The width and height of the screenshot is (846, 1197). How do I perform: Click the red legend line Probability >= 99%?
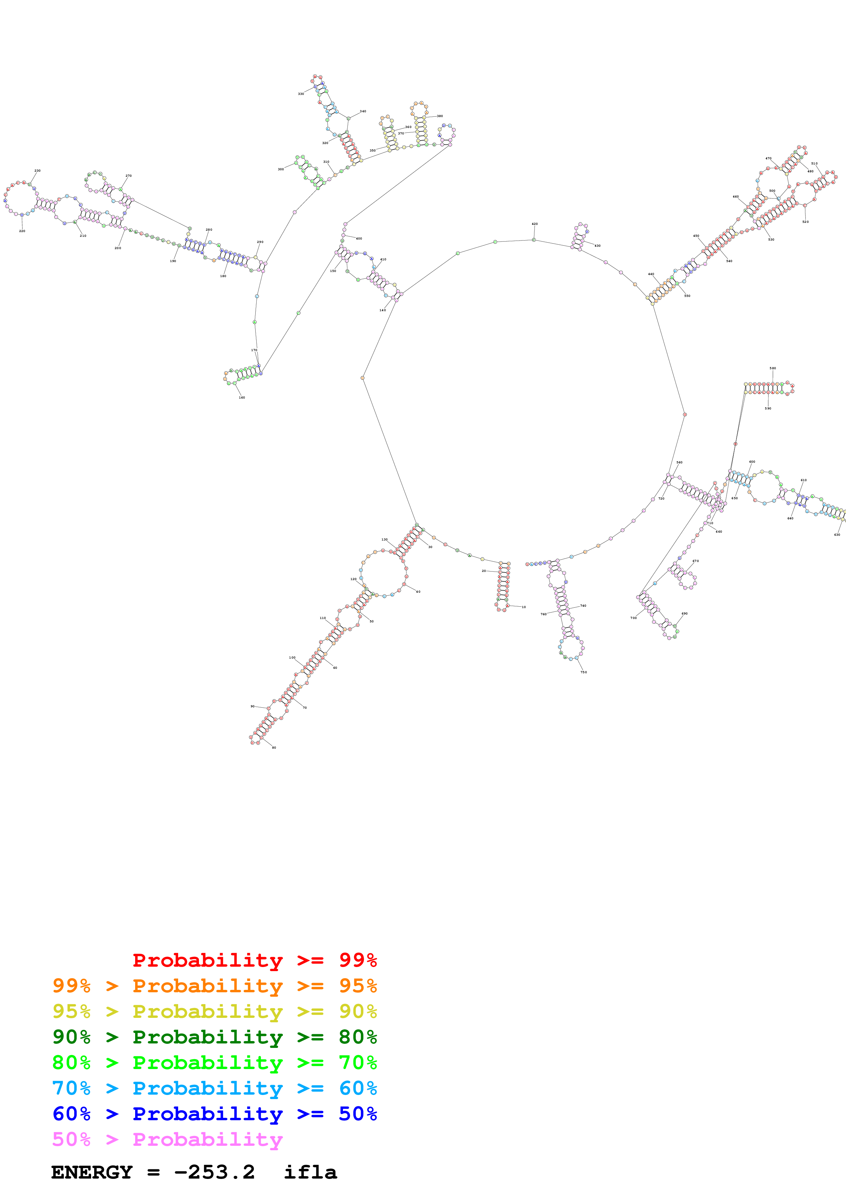254,960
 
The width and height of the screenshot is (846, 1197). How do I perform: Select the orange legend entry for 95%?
214,986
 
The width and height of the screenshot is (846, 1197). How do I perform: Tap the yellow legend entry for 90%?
214,1011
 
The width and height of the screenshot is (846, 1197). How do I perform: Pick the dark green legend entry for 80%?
214,1037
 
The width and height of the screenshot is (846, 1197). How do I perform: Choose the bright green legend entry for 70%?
214,1063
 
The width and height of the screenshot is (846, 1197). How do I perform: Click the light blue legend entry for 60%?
214,1088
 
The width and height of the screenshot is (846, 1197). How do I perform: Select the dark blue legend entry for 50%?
214,1114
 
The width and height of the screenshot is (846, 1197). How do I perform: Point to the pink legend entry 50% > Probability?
167,1139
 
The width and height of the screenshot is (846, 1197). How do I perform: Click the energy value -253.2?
214,1172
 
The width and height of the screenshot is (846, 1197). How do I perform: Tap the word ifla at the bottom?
310,1172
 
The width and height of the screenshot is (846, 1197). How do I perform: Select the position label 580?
773,368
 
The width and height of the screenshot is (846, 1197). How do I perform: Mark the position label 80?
274,748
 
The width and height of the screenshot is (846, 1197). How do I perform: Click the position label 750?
584,672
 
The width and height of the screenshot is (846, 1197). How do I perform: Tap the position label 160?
242,397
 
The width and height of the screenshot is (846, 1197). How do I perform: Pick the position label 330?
301,94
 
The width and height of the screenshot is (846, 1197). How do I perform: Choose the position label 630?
837,534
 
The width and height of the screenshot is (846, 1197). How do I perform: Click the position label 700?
633,618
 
